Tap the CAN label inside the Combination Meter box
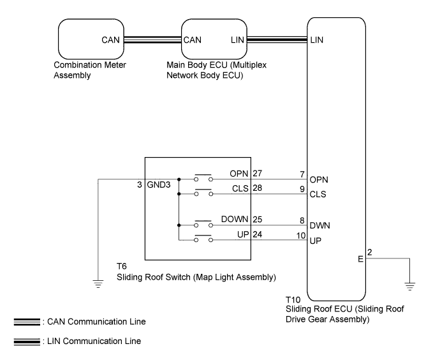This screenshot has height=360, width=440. [110, 40]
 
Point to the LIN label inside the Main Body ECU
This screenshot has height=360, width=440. [237, 40]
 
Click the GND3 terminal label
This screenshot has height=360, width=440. [159, 184]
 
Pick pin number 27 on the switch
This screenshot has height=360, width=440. [258, 174]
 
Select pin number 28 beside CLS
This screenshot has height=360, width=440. [258, 188]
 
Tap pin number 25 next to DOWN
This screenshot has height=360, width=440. [258, 220]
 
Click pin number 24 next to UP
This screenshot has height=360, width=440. [258, 234]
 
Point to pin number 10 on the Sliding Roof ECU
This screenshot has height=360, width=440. [301, 236]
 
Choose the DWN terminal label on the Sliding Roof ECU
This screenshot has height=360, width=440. [320, 225]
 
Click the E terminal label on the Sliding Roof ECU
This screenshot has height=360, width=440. [360, 259]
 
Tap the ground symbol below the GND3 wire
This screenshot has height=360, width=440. [98, 284]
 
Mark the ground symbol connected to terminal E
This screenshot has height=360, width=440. [409, 287]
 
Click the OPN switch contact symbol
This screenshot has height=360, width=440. [203, 177]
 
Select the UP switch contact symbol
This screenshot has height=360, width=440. [203, 238]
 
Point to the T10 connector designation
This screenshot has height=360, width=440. [293, 300]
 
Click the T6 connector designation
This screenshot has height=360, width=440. [122, 266]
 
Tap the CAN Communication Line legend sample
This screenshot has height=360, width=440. [27, 322]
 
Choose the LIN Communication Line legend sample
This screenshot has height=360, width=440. [27, 341]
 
